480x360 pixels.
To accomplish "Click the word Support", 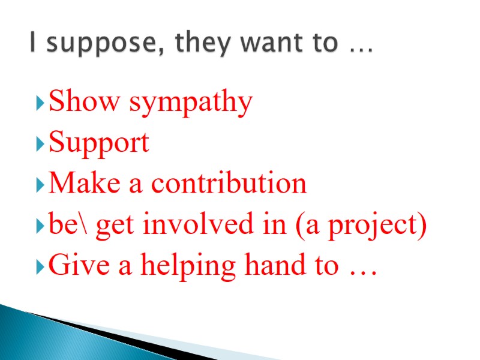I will click(99, 144).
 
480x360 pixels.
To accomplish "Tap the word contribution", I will click(229, 184).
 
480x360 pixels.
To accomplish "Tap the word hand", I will click(262, 265).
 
